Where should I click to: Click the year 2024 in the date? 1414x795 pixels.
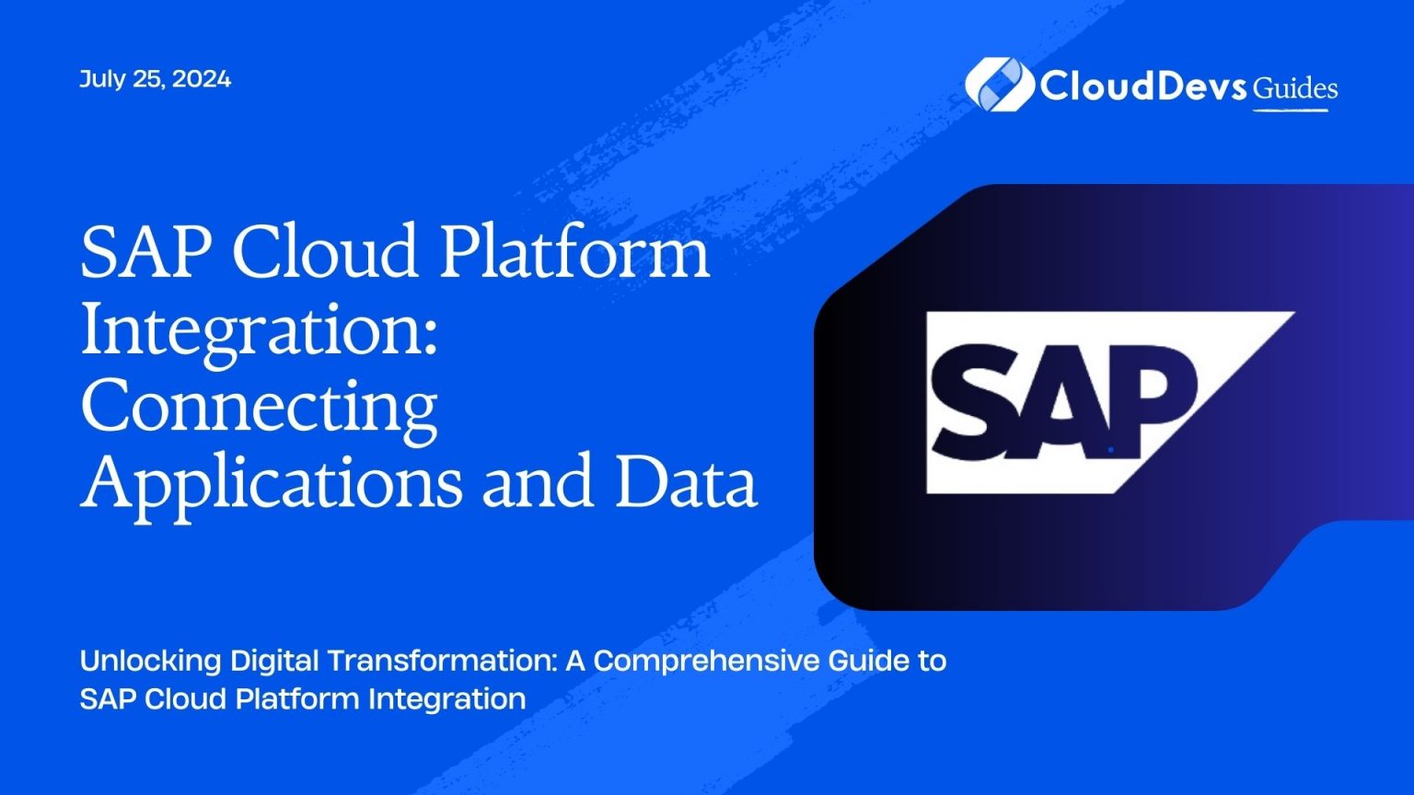pos(201,79)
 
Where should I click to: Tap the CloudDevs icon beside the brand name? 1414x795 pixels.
pos(998,85)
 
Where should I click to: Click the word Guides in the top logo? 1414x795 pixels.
pos(1295,88)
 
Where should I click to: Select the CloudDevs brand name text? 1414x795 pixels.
pos(1144,86)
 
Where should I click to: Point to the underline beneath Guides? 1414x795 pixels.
pos(1291,110)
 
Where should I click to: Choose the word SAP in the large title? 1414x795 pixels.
pos(145,252)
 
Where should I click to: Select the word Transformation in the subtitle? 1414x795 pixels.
pos(441,661)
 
